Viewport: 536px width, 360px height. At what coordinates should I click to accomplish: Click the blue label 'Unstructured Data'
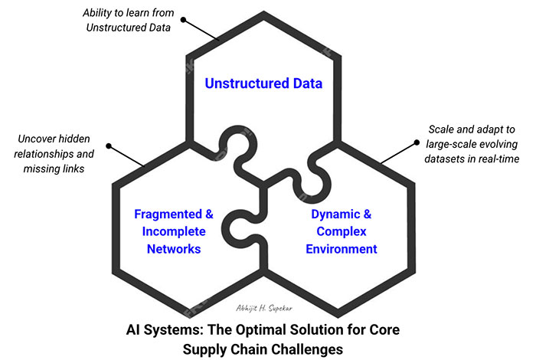click(263, 83)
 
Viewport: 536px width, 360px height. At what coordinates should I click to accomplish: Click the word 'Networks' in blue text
click(174, 249)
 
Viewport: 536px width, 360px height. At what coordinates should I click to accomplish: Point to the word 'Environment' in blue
click(342, 249)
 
